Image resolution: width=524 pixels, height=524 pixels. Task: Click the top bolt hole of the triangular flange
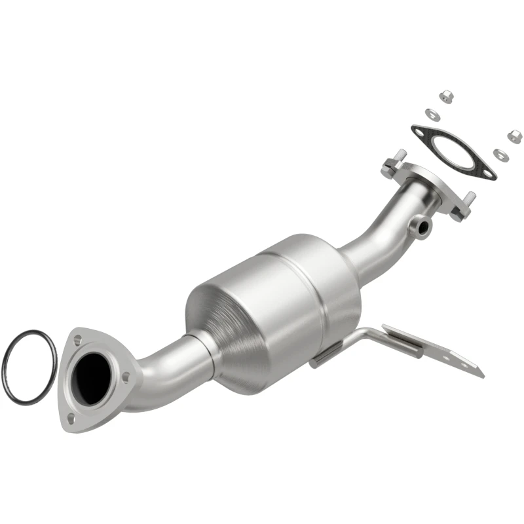[x=78, y=340]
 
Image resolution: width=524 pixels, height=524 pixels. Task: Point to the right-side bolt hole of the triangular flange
[x=126, y=376]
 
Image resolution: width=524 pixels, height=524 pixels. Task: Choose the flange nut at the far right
[x=514, y=138]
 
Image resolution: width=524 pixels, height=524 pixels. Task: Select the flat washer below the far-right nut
[x=499, y=155]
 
